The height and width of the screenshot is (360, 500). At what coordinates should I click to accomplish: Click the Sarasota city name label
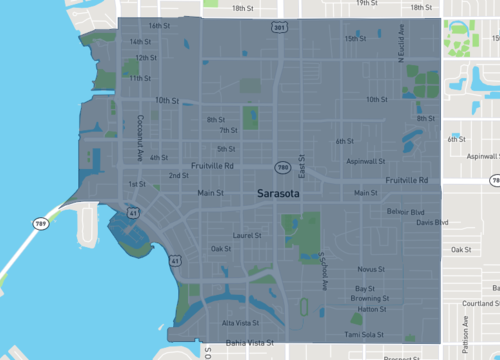283,192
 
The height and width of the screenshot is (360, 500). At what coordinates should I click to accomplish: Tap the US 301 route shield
278,28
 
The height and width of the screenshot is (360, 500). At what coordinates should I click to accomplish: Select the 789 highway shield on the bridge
40,222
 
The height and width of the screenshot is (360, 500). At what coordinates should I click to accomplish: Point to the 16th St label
158,25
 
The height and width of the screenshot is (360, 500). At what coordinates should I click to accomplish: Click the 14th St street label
140,42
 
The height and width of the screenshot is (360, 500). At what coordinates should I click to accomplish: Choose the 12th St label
146,58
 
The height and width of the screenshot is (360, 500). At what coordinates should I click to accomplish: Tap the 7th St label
228,130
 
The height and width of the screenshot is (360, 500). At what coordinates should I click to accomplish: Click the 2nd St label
178,175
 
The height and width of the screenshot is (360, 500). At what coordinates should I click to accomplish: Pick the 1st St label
137,184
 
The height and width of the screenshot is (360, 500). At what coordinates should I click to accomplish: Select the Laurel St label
246,236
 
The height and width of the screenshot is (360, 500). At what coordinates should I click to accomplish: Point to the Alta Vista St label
240,323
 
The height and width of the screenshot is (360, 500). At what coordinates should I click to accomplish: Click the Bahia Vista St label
248,342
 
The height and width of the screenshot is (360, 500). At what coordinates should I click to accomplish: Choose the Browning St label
370,298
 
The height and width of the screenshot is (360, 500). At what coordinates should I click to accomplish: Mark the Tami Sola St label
364,334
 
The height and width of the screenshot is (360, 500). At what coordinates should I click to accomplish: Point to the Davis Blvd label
432,222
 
